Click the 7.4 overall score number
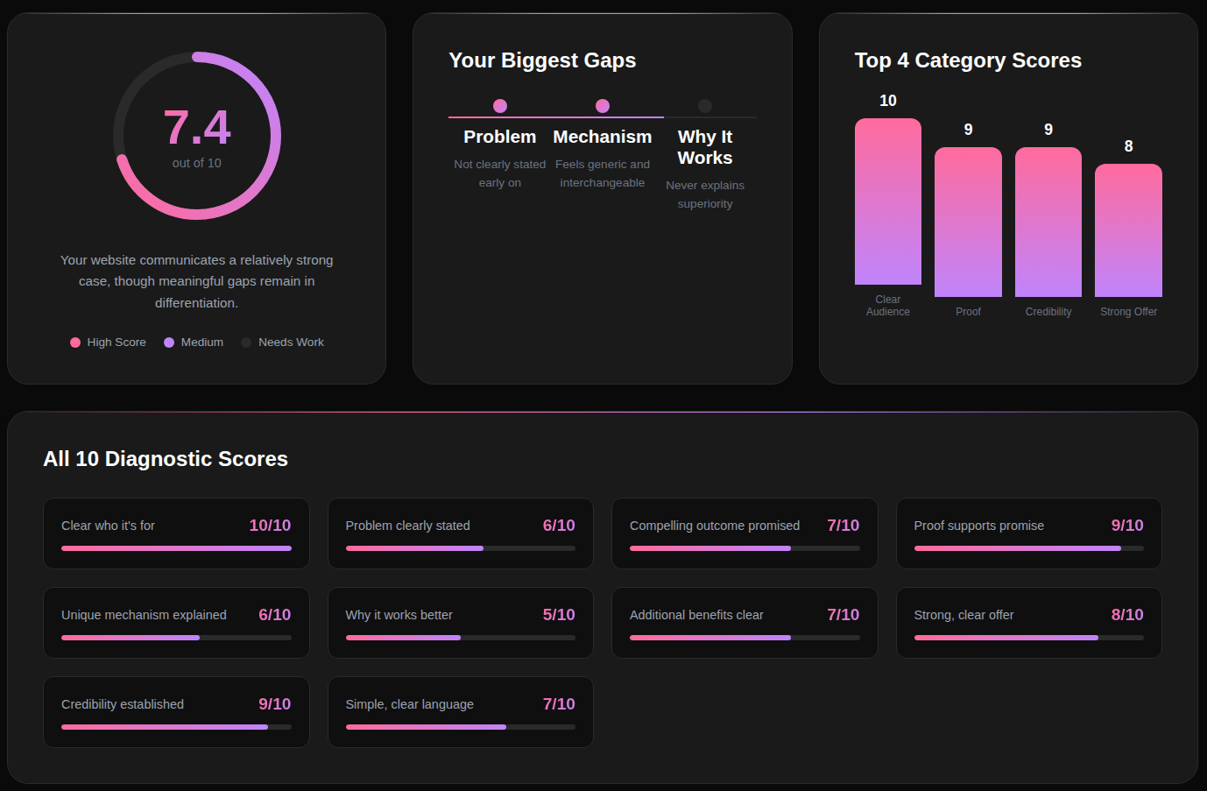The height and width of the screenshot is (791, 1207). pyautogui.click(x=197, y=127)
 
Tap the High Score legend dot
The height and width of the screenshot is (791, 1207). pyautogui.click(x=75, y=343)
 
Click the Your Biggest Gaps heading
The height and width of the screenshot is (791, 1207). pyautogui.click(x=542, y=60)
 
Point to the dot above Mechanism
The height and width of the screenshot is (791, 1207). pyautogui.click(x=603, y=106)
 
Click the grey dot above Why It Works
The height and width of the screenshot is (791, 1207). pyautogui.click(x=705, y=106)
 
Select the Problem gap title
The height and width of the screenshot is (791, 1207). pyautogui.click(x=500, y=137)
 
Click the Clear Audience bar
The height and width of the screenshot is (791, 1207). pyautogui.click(x=888, y=201)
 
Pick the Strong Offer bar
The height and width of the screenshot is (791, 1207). pyautogui.click(x=1128, y=230)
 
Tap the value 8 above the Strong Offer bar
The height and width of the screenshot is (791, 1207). pyautogui.click(x=1128, y=146)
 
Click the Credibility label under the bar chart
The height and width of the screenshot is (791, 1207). pyautogui.click(x=1048, y=312)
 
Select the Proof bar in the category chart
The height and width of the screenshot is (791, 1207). pyautogui.click(x=968, y=222)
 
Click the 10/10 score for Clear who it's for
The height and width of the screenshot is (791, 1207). pyautogui.click(x=270, y=526)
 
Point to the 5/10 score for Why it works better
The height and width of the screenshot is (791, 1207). pyautogui.click(x=559, y=615)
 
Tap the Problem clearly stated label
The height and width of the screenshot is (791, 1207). pyautogui.click(x=407, y=526)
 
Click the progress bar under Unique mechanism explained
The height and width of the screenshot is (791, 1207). pyautogui.click(x=176, y=638)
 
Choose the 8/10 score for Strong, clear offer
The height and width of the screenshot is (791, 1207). pyautogui.click(x=1127, y=615)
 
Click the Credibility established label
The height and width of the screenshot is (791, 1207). pyautogui.click(x=123, y=704)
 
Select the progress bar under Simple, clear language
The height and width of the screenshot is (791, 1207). pyautogui.click(x=460, y=727)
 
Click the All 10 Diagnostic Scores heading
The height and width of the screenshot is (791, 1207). pyautogui.click(x=166, y=459)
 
